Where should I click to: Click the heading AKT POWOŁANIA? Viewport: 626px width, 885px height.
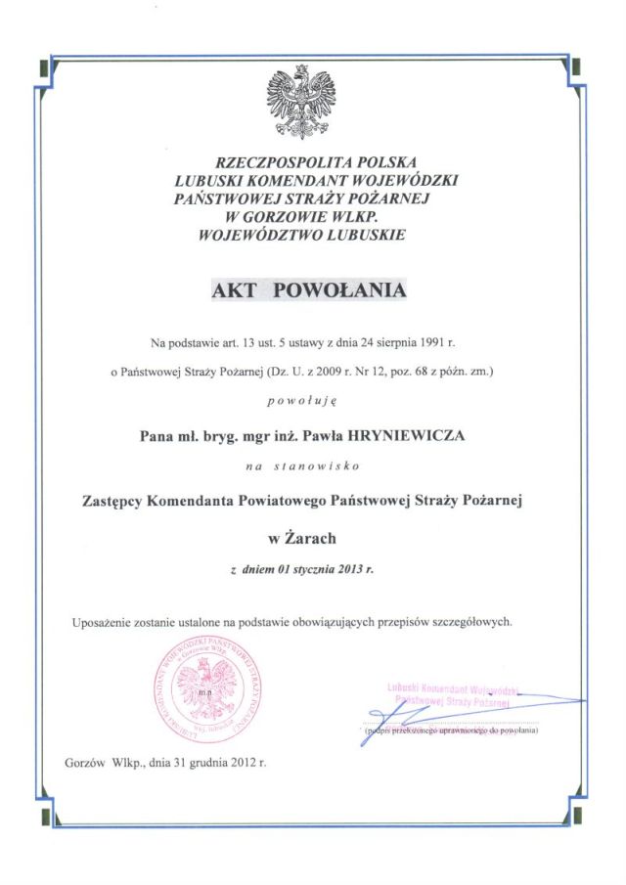308,290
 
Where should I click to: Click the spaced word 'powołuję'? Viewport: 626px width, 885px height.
308,402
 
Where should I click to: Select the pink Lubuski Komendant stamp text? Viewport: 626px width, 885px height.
452,695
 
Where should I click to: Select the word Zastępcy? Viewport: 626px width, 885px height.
112,501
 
